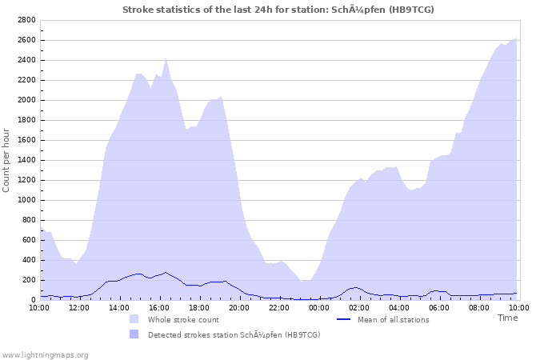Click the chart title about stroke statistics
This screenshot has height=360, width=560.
tap(278, 10)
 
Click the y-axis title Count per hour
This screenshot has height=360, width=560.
tap(7, 160)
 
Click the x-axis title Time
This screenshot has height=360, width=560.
tap(507, 318)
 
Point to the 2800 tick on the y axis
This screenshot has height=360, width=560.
tap(26, 20)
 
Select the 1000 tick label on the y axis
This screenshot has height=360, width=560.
tap(26, 200)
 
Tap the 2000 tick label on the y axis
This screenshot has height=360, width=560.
tap(26, 100)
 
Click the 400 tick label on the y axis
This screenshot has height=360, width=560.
tap(28, 260)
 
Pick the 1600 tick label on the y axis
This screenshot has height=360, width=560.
tap(26, 140)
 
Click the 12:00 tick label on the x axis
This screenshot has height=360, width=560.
tap(80, 307)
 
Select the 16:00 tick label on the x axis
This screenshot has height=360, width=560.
tap(159, 307)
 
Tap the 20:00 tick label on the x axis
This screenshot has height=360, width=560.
tap(239, 307)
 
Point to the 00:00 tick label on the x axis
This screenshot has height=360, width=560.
tap(319, 307)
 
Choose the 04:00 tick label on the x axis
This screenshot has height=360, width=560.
tap(399, 307)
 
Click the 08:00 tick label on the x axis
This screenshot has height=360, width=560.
tap(479, 307)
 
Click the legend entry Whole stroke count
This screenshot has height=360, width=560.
tap(183, 319)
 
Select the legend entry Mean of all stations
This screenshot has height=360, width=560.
tap(393, 319)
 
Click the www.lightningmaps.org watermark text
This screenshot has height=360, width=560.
tap(45, 354)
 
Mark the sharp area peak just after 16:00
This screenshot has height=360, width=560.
tap(166, 58)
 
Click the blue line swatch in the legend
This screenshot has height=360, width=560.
tap(344, 319)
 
